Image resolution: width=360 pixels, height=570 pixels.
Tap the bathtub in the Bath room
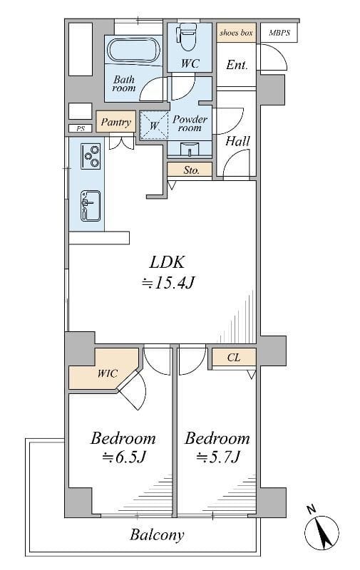(133, 51)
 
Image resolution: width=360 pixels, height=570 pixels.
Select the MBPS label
(279, 33)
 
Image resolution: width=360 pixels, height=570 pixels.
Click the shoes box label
(236, 33)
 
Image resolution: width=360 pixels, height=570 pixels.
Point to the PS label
(81, 128)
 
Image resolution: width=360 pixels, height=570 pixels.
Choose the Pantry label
(115, 122)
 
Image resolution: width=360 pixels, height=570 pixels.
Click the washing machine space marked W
(154, 125)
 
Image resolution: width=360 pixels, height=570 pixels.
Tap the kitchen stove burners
(91, 157)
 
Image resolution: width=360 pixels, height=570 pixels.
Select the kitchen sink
(91, 206)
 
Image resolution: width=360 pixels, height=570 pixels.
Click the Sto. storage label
(191, 170)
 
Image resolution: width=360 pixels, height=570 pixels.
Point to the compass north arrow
(322, 532)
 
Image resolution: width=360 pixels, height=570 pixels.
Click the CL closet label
(234, 358)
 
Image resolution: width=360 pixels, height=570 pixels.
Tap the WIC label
(107, 373)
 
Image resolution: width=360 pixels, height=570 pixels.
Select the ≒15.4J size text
(169, 282)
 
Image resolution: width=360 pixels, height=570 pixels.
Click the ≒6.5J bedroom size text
(123, 457)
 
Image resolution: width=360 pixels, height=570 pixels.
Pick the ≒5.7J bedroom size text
(218, 457)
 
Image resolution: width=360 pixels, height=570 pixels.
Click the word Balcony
(157, 535)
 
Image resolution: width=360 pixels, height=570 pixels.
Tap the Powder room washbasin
(190, 150)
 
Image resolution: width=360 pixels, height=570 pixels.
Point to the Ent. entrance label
(237, 65)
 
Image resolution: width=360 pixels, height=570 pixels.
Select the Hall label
(238, 140)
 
